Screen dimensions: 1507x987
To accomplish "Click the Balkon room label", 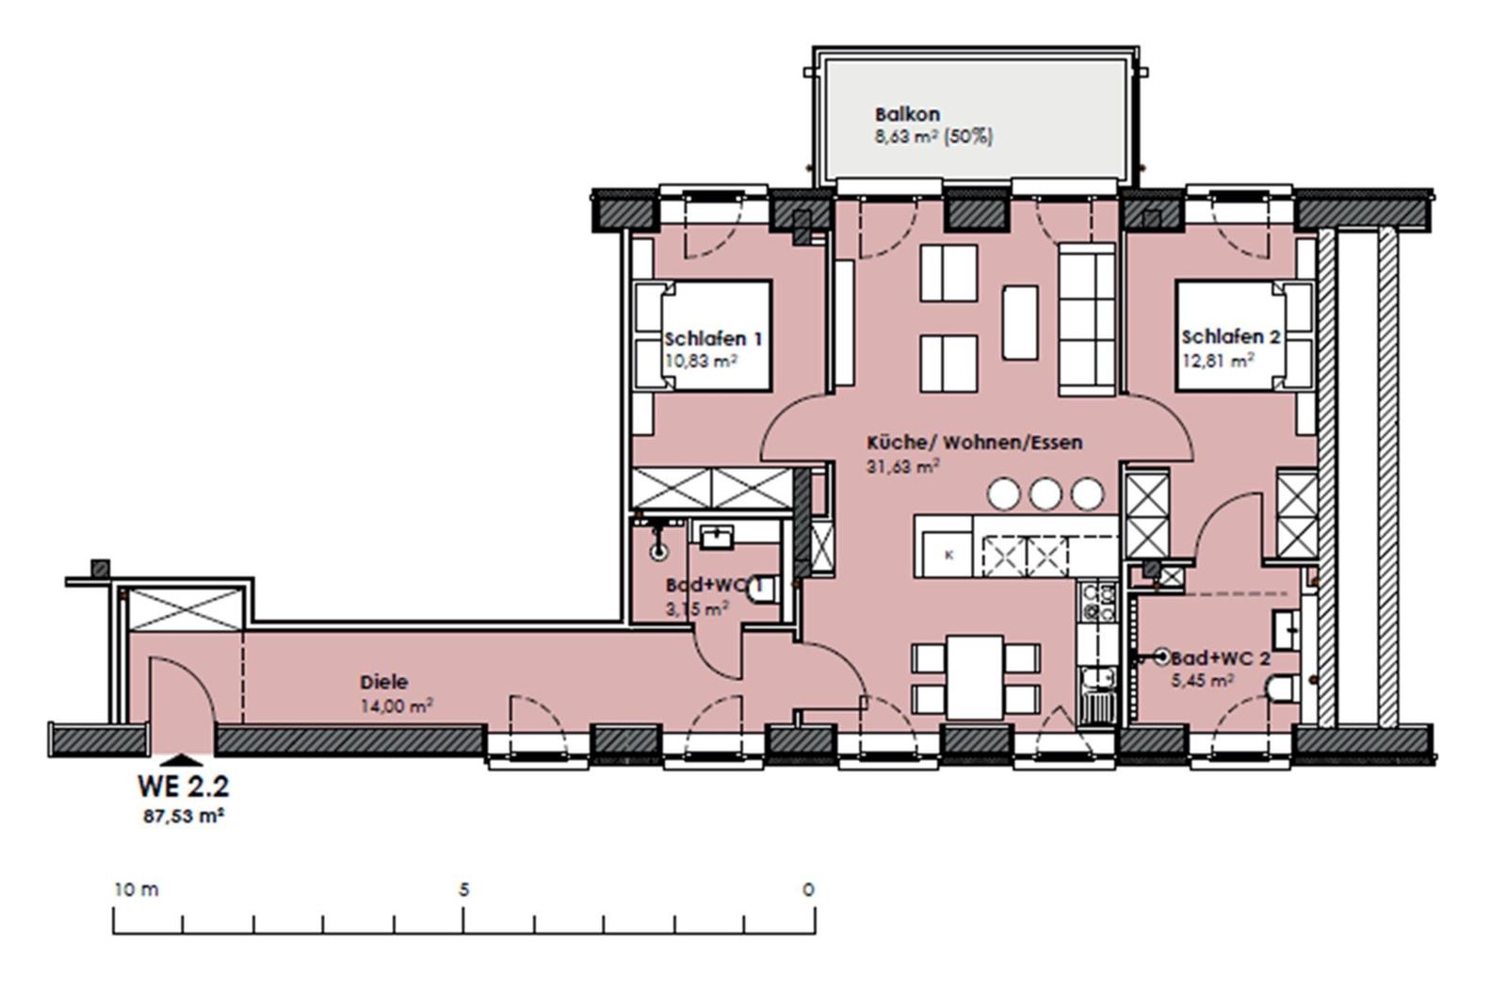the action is (x=907, y=114).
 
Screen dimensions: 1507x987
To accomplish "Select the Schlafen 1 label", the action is (x=713, y=338).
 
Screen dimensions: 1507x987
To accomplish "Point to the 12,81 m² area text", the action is (x=1218, y=361).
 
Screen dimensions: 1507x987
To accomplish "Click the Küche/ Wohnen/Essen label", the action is (x=975, y=443).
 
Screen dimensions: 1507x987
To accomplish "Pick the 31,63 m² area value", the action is (x=903, y=465).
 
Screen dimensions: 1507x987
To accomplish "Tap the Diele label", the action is (x=384, y=682).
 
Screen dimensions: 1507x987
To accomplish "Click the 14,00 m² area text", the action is (x=397, y=705).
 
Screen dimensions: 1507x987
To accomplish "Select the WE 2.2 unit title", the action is (x=183, y=785).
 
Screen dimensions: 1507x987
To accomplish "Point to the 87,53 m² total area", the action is (x=183, y=817).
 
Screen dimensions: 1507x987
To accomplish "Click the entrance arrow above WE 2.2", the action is (x=181, y=760).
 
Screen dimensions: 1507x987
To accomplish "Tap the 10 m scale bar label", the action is (x=137, y=889).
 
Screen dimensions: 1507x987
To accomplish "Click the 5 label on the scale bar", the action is (x=464, y=889).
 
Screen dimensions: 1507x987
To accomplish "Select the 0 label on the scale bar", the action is (x=809, y=889).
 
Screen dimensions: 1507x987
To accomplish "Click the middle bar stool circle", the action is (x=1045, y=493).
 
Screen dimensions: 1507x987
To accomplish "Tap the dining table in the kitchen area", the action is (x=975, y=677).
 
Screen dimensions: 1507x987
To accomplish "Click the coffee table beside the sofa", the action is (x=1020, y=322).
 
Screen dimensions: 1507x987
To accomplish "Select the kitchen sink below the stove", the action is (x=1098, y=695).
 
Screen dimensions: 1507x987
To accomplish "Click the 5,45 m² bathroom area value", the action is (x=1202, y=680).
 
